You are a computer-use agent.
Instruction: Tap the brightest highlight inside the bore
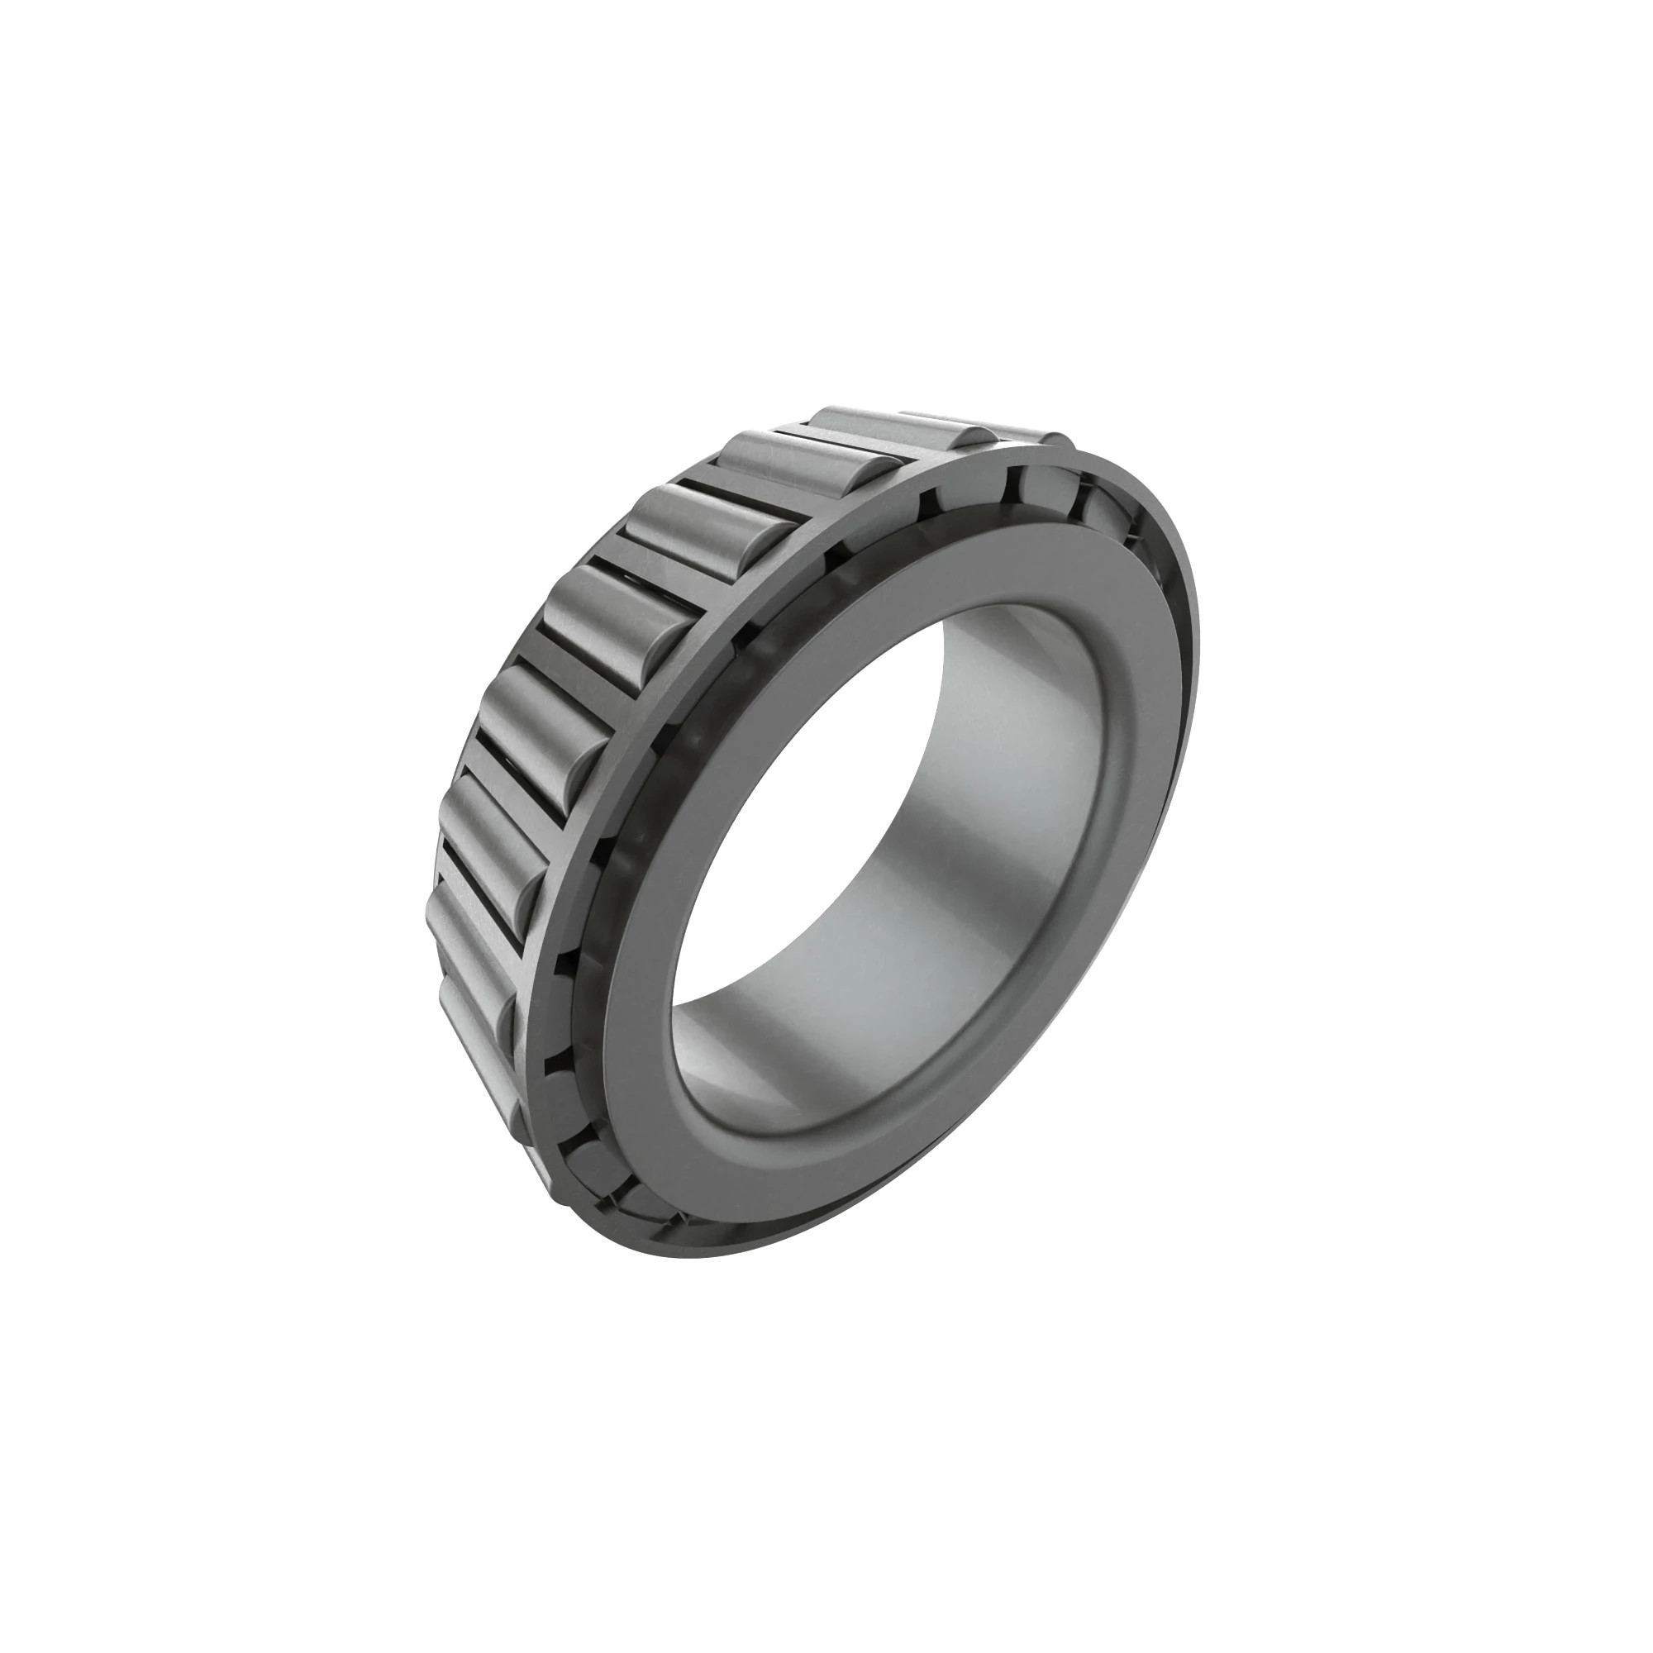tap(1027, 770)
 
